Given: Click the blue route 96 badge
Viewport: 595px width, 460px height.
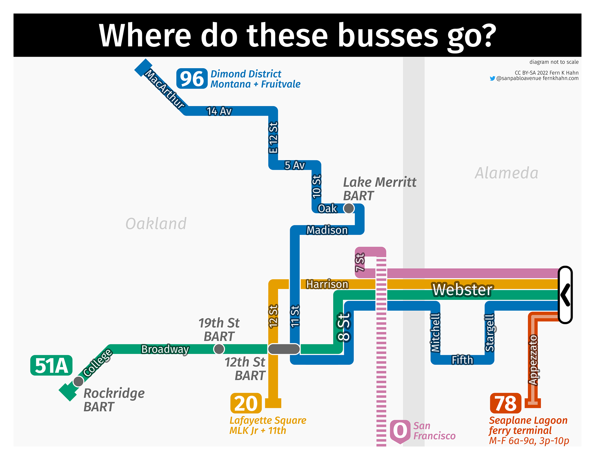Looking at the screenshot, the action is click(192, 78).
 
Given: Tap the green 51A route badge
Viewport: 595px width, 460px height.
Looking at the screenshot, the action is click(51, 365).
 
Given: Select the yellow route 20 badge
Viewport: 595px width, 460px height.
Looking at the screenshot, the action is click(246, 403).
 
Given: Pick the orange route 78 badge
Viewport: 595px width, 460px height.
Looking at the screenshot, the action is click(506, 403).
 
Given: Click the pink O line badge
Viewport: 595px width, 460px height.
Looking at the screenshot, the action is click(400, 431).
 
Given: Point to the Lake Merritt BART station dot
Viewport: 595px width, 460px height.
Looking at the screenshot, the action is click(349, 208).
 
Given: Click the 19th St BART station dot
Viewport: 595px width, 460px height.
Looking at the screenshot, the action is click(219, 349).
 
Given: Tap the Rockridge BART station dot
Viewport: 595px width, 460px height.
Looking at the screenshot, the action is click(78, 381).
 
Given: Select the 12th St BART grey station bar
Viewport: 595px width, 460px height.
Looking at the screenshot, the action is click(284, 349).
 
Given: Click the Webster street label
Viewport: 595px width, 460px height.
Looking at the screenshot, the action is click(462, 290).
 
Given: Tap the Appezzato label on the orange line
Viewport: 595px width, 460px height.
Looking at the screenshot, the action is click(533, 360).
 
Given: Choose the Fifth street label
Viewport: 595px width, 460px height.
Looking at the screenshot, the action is click(462, 360).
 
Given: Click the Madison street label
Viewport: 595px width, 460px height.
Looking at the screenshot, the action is click(327, 230).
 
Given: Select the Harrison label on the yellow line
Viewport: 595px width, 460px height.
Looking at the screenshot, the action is click(327, 284).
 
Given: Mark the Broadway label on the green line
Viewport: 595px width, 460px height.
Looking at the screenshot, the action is click(165, 349).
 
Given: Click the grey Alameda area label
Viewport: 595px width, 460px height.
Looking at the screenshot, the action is click(506, 173).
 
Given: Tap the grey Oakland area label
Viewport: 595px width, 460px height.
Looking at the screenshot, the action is click(156, 223).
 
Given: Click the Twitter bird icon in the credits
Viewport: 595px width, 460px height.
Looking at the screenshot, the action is click(492, 78).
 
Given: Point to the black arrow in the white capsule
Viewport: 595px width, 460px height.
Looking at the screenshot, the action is click(565, 295).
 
